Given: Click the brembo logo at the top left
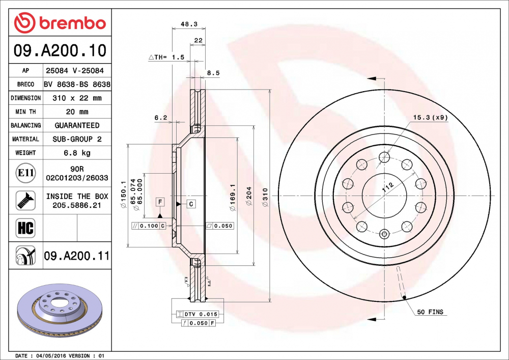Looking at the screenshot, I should [x=60, y=23].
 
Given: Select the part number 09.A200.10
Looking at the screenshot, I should [x=60, y=50].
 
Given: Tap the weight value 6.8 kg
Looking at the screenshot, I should [x=77, y=153].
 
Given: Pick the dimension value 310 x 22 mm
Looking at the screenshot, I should [x=77, y=98].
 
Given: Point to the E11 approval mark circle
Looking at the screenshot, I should [x=25, y=173].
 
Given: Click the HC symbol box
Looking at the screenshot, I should [x=25, y=228].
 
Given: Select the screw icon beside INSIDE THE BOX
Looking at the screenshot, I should [x=25, y=200].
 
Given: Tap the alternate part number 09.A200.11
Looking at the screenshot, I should [x=77, y=256].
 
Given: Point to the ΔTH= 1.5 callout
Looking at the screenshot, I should [x=166, y=58].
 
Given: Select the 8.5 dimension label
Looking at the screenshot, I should [x=213, y=73].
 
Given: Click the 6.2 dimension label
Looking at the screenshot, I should [x=161, y=117].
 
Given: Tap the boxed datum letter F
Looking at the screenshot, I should [x=160, y=202].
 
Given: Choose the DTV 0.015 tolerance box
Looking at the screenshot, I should [x=197, y=314].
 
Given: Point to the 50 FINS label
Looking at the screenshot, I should [x=430, y=312].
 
